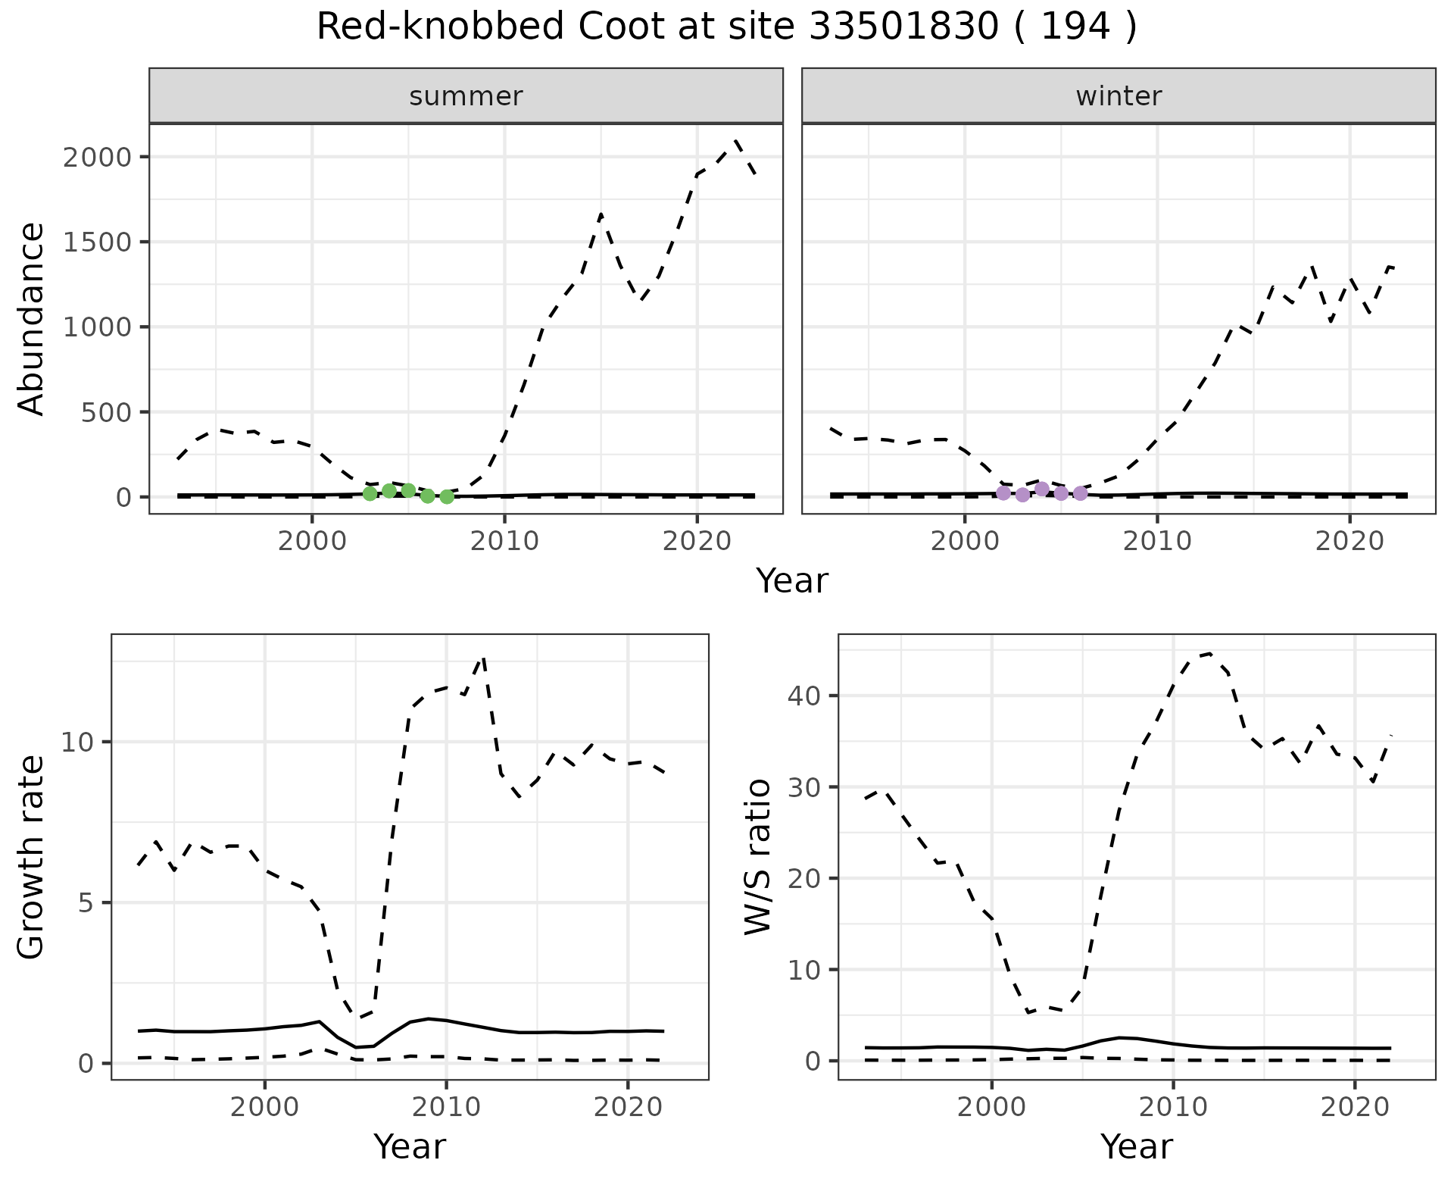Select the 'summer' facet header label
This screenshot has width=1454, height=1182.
[x=466, y=96]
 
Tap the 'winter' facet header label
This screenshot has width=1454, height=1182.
[x=1119, y=96]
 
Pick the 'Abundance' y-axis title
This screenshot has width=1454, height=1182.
[x=32, y=318]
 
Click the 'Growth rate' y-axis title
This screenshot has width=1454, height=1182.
[x=32, y=856]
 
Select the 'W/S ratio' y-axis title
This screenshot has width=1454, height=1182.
[x=757, y=856]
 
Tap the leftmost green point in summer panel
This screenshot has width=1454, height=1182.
[x=370, y=494]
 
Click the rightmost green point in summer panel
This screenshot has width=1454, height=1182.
[x=447, y=497]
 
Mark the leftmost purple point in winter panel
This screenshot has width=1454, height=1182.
[x=1003, y=493]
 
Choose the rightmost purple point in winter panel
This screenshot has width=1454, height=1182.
[x=1081, y=494]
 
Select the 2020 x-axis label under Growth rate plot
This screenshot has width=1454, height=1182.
[x=628, y=1107]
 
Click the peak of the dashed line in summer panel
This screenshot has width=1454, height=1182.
[x=735, y=140]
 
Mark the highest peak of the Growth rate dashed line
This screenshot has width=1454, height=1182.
[x=483, y=658]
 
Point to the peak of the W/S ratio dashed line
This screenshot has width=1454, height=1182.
[x=1209, y=653]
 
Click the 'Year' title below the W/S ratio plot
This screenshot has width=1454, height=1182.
[x=1136, y=1146]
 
